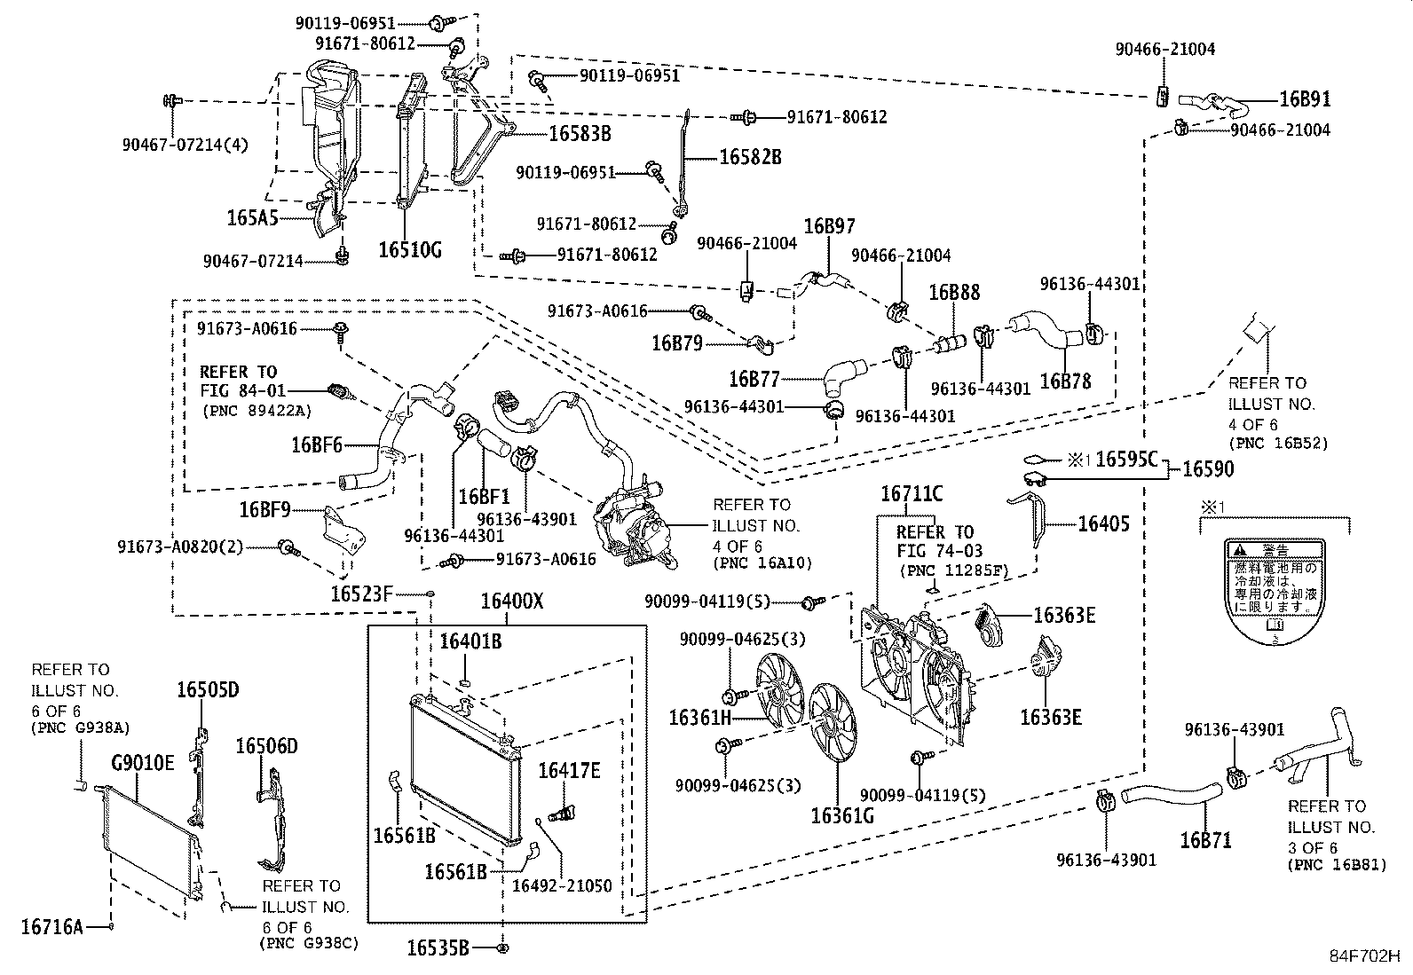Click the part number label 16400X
coord(511,602)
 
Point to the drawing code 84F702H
coord(1363,955)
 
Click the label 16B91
coord(1304,99)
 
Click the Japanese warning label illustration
coord(1274,590)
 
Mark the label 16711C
coord(911,494)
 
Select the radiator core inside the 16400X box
coord(466,767)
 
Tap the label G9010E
coord(143,762)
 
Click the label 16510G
coord(409,249)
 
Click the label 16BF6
coord(316,444)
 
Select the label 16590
coord(1207,468)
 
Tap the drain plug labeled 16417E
coord(559,812)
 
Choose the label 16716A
coord(51,927)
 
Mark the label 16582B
coord(750,157)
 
